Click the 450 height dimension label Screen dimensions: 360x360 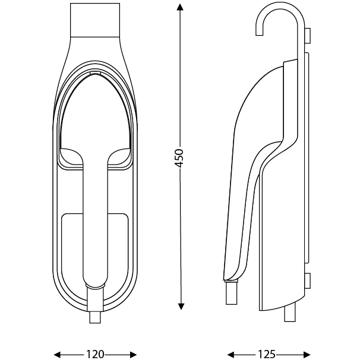tap(179, 158)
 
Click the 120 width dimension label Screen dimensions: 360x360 tap(95, 354)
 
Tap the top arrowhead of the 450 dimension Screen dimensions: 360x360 tap(180, 8)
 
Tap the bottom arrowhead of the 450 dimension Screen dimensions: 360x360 tap(181, 307)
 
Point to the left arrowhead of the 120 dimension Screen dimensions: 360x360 tap(57, 355)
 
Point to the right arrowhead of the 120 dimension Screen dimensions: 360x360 tap(133, 355)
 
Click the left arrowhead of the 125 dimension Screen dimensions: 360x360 tap(230, 355)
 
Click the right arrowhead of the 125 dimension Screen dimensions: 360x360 tap(307, 355)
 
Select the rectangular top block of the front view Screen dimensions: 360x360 tap(95, 20)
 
